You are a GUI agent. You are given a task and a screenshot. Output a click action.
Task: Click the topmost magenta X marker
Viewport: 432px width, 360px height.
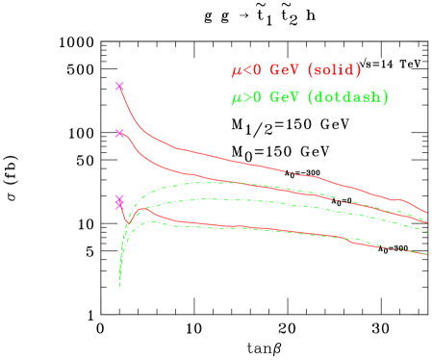[x=120, y=87]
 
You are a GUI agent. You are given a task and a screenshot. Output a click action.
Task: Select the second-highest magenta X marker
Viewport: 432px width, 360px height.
[x=120, y=133]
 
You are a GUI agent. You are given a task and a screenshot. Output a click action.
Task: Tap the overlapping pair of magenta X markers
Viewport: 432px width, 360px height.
[x=119, y=201]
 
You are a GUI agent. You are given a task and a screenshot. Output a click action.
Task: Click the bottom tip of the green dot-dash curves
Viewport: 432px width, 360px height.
[x=119, y=286]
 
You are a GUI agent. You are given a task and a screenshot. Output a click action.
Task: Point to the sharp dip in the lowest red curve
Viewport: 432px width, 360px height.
[x=127, y=223]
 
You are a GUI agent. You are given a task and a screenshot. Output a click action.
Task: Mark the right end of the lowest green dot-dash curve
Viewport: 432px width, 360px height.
[x=426, y=253]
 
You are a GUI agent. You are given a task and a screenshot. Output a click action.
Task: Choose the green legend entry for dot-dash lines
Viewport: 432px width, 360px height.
[x=310, y=98]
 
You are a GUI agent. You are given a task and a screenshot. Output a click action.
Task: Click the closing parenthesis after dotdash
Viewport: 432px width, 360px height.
[x=386, y=98]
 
